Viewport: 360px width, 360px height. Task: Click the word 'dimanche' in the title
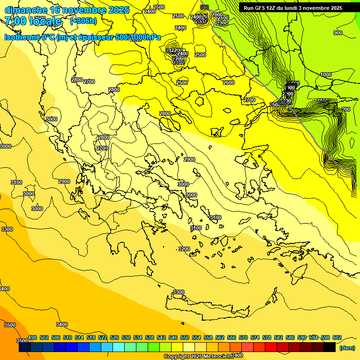click(25, 10)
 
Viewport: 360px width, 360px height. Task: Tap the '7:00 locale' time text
click(33, 21)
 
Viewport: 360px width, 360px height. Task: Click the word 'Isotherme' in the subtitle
click(22, 37)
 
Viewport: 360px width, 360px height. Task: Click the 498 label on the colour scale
click(32, 337)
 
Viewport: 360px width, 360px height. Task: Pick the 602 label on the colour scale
click(337, 337)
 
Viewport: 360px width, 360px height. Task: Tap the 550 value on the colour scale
click(185, 337)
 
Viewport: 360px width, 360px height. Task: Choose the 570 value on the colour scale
click(243, 337)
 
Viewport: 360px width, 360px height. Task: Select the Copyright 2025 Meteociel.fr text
click(199, 356)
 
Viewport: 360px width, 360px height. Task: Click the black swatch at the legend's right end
click(330, 347)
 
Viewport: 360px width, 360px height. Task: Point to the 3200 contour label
click(184, 249)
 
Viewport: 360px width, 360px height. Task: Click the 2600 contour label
click(228, 83)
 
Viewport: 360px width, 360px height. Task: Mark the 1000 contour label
click(326, 75)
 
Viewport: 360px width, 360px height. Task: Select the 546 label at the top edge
click(204, 7)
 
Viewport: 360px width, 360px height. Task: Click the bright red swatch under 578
click(271, 347)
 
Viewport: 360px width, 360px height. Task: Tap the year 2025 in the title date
click(119, 10)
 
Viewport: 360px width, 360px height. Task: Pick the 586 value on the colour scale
click(290, 337)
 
